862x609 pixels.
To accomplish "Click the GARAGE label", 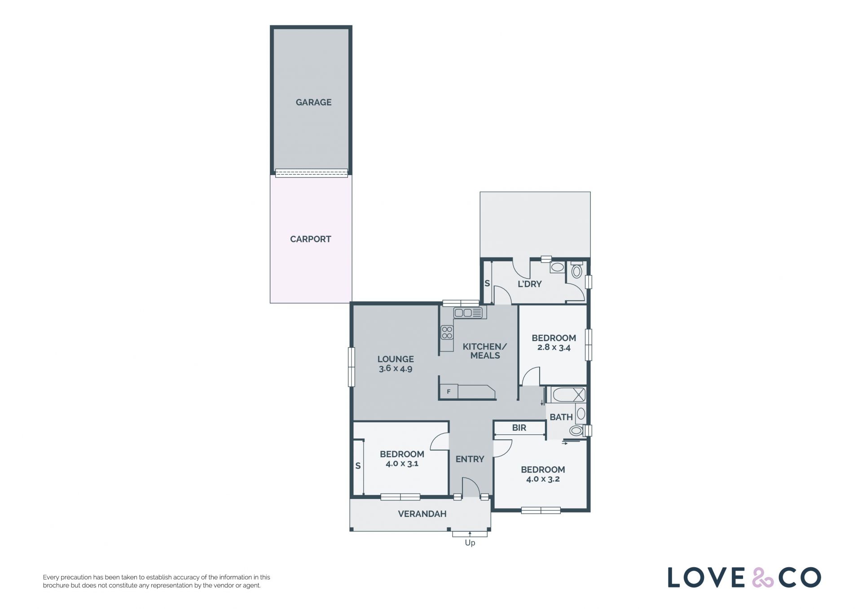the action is (x=313, y=102).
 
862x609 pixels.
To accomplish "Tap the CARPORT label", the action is (x=310, y=239).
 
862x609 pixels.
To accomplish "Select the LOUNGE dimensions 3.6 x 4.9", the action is (x=396, y=369).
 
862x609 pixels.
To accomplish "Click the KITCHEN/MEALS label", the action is (x=485, y=351).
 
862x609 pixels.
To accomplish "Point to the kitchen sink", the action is (x=470, y=313).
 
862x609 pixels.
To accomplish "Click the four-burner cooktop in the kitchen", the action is (x=447, y=333).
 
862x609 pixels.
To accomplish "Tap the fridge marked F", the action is (x=449, y=392).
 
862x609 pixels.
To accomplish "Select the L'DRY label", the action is (x=530, y=284).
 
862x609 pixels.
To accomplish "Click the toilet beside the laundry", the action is (x=576, y=270).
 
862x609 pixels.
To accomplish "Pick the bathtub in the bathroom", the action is (x=569, y=395).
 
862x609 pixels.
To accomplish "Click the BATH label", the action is (x=561, y=417).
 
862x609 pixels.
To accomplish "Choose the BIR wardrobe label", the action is (x=519, y=428).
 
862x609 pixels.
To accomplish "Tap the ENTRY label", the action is (x=470, y=459).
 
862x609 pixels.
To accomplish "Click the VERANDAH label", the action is (x=422, y=514).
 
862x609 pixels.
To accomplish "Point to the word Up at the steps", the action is (x=470, y=543).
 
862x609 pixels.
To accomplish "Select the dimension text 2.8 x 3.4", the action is (x=554, y=347).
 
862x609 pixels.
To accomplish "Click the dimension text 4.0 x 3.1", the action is (x=402, y=464).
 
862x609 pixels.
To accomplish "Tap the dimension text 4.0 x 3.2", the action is (x=543, y=479).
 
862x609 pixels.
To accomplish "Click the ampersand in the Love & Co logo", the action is (x=763, y=578).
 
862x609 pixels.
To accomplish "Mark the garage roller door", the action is (x=311, y=173).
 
